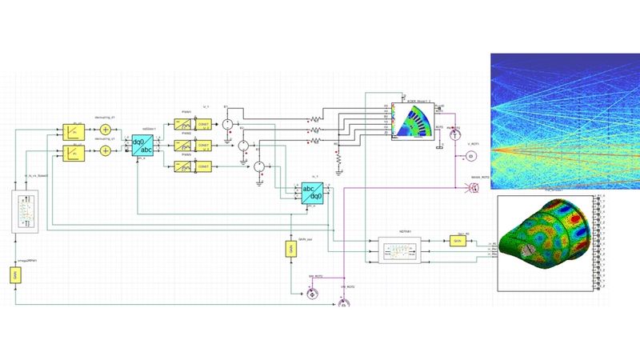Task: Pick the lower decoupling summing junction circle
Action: [104, 152]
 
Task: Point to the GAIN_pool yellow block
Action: [290, 250]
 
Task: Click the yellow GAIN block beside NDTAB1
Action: [458, 241]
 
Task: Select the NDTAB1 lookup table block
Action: [398, 249]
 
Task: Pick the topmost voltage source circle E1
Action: [226, 124]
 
